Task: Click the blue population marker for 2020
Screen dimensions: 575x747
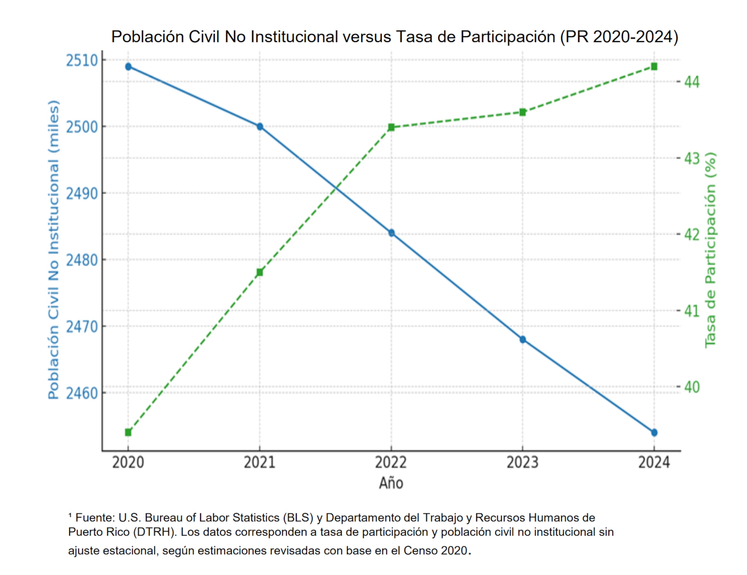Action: [x=128, y=67]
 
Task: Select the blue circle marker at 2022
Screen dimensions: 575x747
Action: [x=391, y=233]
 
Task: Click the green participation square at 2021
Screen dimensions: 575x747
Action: [x=260, y=272]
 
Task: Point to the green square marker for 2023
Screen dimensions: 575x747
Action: [x=523, y=113]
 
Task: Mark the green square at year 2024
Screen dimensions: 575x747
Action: [x=654, y=66]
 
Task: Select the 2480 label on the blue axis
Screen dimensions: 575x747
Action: [x=82, y=260]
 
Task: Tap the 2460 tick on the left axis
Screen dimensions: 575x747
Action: [x=82, y=393]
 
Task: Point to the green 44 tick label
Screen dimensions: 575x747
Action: [x=692, y=82]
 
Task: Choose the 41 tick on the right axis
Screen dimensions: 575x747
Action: [x=692, y=311]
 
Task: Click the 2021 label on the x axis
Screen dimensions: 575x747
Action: [x=260, y=462]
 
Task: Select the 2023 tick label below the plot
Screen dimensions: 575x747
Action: [x=522, y=462]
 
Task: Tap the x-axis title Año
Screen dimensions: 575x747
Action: [x=391, y=483]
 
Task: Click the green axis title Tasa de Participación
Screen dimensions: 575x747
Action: [x=711, y=250]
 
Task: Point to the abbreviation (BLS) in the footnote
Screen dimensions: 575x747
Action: [x=298, y=518]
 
